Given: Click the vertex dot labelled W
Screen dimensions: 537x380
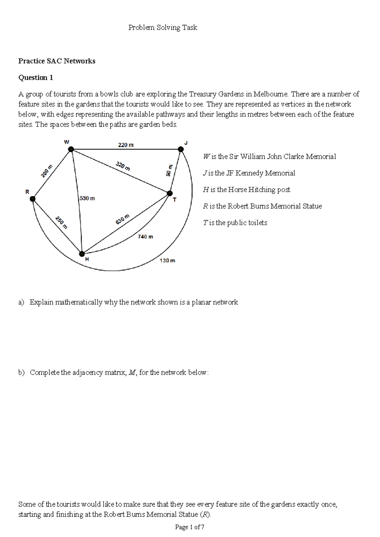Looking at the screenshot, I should point(71,149).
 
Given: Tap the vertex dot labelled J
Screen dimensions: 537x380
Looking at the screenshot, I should point(180,149).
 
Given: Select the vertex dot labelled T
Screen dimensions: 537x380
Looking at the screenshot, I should point(170,193).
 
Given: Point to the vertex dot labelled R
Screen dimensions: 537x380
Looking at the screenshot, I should point(33,199).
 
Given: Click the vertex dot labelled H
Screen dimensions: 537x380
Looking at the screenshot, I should point(82,254).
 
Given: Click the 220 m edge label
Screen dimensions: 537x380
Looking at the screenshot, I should point(126,145).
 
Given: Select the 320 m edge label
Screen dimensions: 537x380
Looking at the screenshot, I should point(123,166).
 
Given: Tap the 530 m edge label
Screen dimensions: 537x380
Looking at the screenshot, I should point(87,198).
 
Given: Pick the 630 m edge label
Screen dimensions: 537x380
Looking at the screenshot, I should point(123,219).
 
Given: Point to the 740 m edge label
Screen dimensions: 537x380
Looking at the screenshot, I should point(145,237).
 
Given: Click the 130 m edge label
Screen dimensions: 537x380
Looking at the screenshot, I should point(167,260).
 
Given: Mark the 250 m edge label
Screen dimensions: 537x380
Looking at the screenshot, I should point(61,222).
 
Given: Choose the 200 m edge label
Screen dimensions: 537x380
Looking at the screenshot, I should point(46,171).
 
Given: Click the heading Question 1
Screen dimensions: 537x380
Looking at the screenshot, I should point(36,78).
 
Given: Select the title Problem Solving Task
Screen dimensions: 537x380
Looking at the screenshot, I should point(162,28).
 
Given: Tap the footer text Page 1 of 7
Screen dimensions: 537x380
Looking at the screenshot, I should point(190,527).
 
